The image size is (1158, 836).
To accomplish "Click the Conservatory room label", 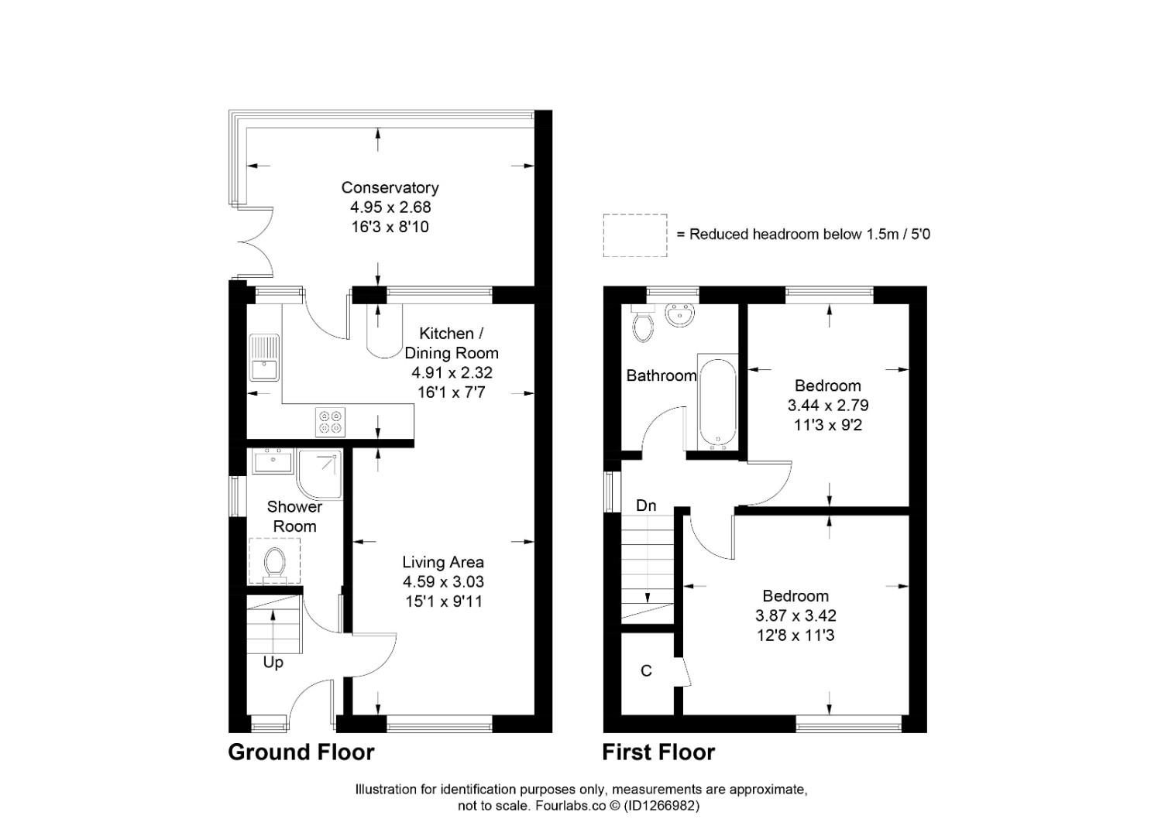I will coord(390,187).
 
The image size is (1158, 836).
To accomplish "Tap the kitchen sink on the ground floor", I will coord(264,358).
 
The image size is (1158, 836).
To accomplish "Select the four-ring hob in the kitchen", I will coord(330,422).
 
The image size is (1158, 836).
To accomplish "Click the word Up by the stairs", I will coord(273,663).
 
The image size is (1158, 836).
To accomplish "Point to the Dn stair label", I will coord(646,505).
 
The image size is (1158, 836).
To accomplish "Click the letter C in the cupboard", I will coord(647,671).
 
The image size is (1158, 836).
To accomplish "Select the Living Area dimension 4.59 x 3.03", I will coord(443,582).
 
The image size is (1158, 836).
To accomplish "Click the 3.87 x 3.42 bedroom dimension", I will coord(795,616).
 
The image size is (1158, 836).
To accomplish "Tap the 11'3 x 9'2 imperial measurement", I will coord(828,425).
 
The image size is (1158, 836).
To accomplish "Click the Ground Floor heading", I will coord(301,752).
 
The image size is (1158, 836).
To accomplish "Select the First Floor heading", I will coord(658,752).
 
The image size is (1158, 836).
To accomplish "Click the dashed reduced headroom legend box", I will coord(635,235).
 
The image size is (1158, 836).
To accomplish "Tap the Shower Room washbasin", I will coord(272,462).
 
